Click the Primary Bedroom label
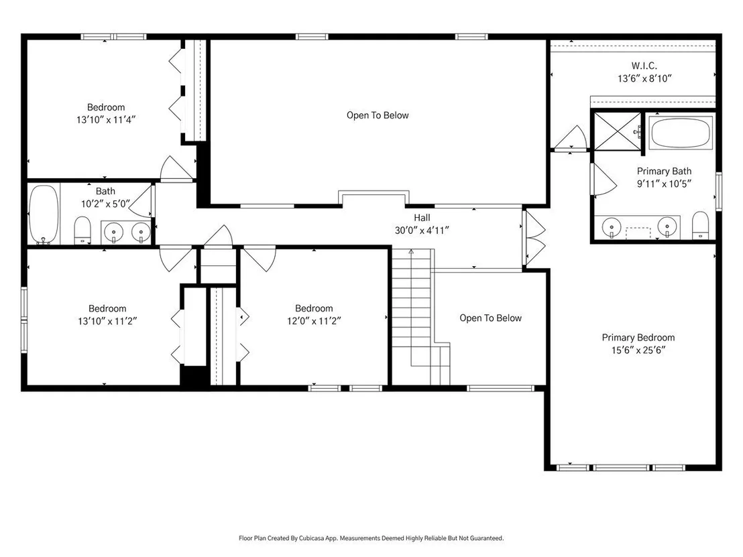tap(638, 338)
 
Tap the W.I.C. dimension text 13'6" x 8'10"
tap(644, 78)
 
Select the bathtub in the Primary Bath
tap(681, 132)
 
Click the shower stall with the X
tap(618, 131)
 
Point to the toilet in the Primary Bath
tap(700, 225)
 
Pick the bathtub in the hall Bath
tap(43, 214)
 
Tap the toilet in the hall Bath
tap(82, 230)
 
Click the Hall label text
tap(422, 218)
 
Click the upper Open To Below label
tap(378, 115)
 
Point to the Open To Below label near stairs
tap(490, 318)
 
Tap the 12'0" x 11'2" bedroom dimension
tap(314, 321)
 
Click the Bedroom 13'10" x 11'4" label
tap(106, 114)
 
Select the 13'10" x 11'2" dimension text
tap(107, 321)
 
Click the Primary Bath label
tap(664, 171)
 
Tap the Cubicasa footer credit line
tap(371, 538)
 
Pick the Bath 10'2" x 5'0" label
tap(105, 198)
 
